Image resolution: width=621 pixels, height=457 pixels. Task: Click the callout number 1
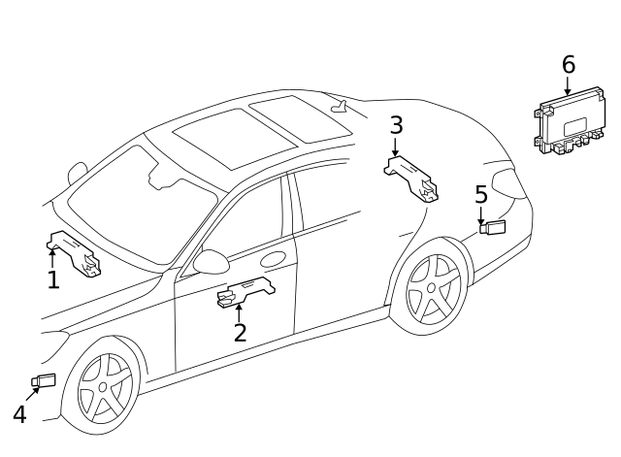pyautogui.click(x=53, y=280)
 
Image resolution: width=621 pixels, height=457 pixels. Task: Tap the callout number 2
pyautogui.click(x=240, y=332)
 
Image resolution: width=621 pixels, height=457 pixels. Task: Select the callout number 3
pyautogui.click(x=396, y=125)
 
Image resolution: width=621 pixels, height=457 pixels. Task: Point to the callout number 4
pyautogui.click(x=19, y=414)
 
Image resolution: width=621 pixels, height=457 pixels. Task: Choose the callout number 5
pyautogui.click(x=481, y=194)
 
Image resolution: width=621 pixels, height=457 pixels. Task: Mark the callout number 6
pyautogui.click(x=568, y=65)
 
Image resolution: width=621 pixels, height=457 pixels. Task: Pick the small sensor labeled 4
pyautogui.click(x=45, y=380)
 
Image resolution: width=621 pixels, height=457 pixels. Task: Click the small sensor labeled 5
pyautogui.click(x=494, y=228)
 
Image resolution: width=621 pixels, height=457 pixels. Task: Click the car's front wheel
pyautogui.click(x=104, y=387)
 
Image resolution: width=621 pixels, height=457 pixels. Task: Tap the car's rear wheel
pyautogui.click(x=434, y=292)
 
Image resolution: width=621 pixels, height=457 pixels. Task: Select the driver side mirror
pyautogui.click(x=210, y=261)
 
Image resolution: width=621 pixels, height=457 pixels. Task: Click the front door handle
pyautogui.click(x=275, y=259)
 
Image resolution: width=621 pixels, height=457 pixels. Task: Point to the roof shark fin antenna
pyautogui.click(x=339, y=107)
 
